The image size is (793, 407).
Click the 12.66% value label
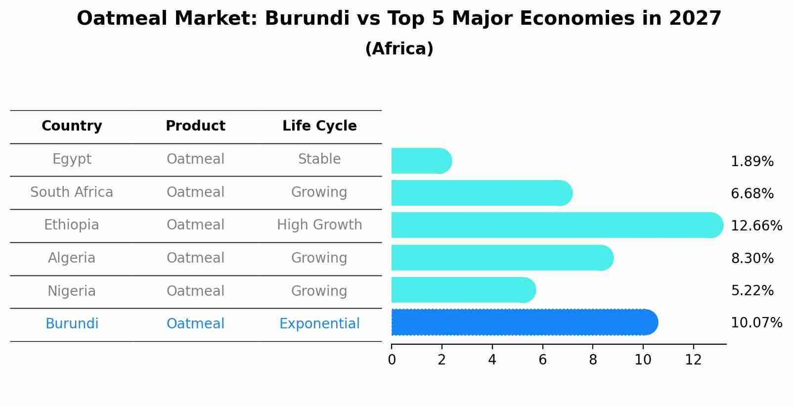click(x=756, y=226)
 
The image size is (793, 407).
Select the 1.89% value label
click(x=752, y=162)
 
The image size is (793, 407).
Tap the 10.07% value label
click(x=756, y=323)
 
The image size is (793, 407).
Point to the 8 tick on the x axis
click(x=593, y=360)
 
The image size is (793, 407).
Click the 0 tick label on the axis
click(x=392, y=360)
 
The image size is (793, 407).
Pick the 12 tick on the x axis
click(x=693, y=360)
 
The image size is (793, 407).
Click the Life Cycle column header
click(x=319, y=126)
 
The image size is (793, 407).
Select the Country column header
click(x=72, y=126)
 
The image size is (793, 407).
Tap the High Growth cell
click(x=319, y=225)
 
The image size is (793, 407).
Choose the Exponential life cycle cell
click(x=319, y=324)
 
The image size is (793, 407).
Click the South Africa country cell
click(x=72, y=192)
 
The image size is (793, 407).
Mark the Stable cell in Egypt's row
click(x=319, y=159)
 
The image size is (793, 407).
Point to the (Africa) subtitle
click(x=399, y=49)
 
